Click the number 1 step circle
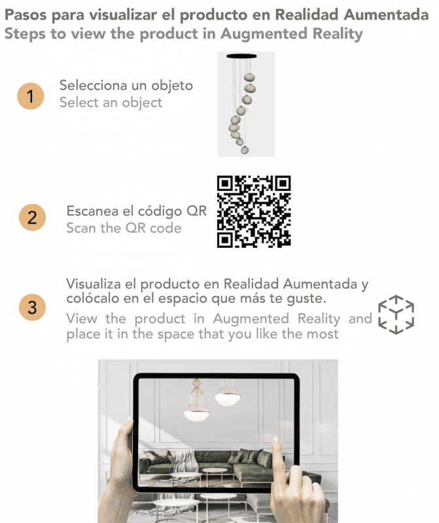tap(30, 96)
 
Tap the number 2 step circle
tap(32, 218)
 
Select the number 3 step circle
tap(32, 307)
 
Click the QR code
tap(254, 211)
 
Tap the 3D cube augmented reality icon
tap(396, 314)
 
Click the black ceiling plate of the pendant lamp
tap(241, 56)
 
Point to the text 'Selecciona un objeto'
tap(126, 86)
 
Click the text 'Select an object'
tap(111, 103)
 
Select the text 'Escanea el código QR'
tap(137, 211)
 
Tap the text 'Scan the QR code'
tap(124, 228)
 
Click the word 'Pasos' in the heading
tap(26, 15)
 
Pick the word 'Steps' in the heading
tap(25, 34)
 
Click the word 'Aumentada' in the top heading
tap(386, 15)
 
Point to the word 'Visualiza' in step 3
tap(94, 284)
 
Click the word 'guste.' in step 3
tap(306, 299)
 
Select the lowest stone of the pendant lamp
tap(245, 150)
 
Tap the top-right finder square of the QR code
tap(283, 184)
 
